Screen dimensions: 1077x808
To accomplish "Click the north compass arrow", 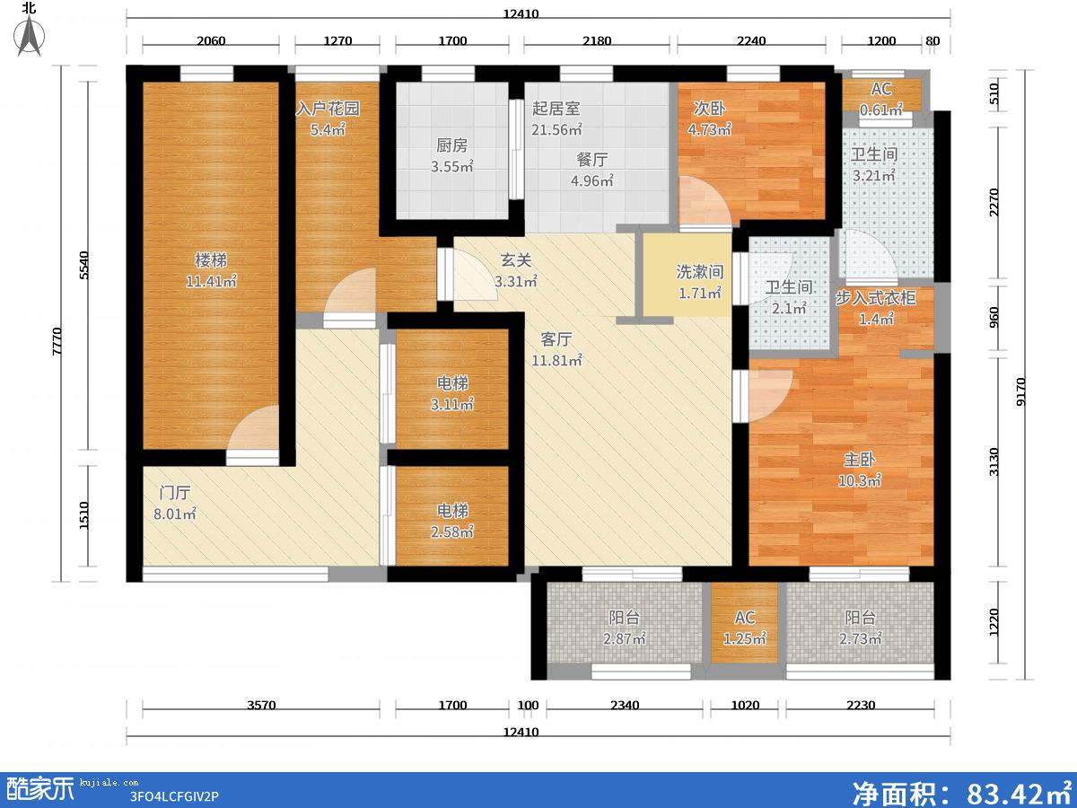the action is click(30, 36).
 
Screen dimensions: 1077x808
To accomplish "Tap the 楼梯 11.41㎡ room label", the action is click(211, 270).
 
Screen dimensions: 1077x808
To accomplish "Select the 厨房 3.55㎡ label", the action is click(452, 155).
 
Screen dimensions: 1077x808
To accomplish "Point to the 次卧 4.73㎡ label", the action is click(710, 119).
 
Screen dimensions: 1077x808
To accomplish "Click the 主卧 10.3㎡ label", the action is click(860, 470).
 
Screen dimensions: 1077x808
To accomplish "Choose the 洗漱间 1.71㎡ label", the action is click(700, 282).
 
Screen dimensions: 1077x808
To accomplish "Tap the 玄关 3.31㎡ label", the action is click(516, 270).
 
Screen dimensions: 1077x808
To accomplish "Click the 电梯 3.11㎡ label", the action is click(452, 393).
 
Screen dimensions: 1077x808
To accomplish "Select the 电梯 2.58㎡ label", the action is click(452, 521).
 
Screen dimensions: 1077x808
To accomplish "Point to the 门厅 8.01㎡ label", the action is click(175, 504).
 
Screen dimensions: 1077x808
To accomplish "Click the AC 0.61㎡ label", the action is click(881, 99).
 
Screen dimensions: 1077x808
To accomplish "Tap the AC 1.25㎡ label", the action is click(745, 628).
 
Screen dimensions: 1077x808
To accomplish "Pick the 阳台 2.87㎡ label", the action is click(624, 628).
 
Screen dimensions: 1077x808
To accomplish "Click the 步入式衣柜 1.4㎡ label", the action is click(876, 308).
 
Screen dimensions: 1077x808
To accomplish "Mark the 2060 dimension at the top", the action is click(211, 40).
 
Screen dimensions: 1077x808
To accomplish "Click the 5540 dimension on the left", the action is click(84, 266).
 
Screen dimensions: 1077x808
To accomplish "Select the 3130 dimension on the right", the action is click(994, 461).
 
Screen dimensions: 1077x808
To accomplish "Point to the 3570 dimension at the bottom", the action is click(261, 706).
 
